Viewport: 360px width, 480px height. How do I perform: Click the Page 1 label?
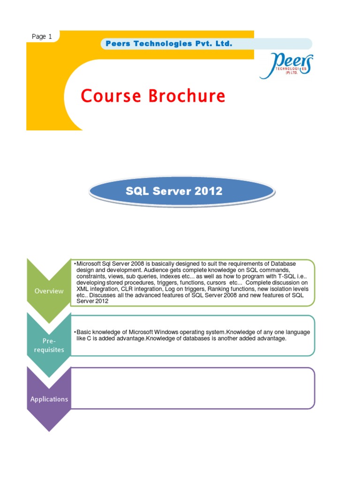[42, 37]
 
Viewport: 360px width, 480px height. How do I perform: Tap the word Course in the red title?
[111, 96]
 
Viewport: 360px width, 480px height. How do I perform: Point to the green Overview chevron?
[49, 291]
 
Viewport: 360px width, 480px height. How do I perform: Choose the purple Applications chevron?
[49, 399]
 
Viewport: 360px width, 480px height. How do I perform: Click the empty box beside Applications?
[192, 388]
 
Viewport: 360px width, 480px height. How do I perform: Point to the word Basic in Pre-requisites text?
[84, 332]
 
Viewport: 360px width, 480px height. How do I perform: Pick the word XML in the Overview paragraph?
[82, 289]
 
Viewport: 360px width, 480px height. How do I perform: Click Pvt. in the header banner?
[203, 44]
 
